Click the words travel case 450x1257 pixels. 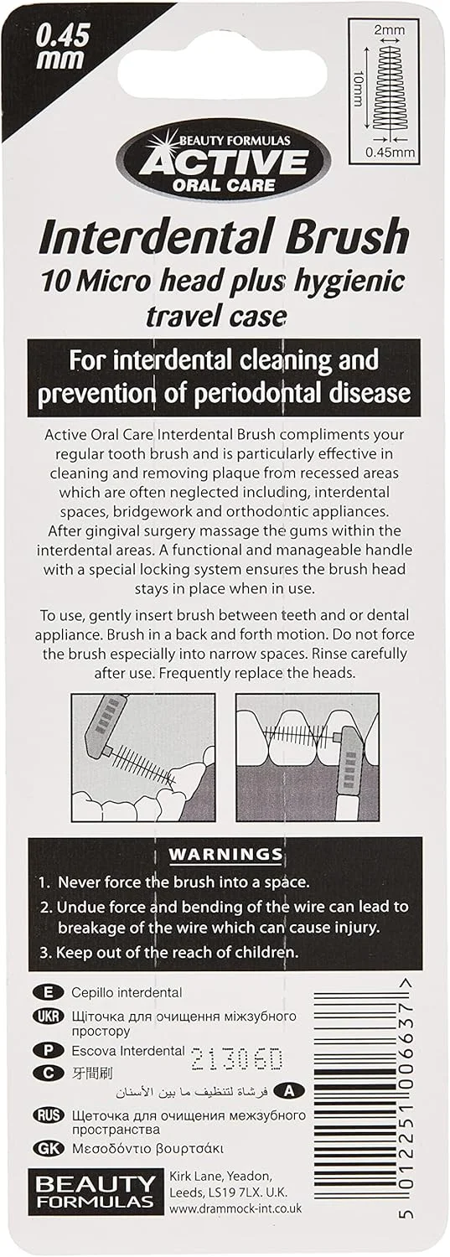[x=216, y=318]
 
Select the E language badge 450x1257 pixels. [x=49, y=993]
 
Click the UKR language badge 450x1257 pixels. [x=49, y=1017]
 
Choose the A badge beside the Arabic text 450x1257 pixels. [x=288, y=1091]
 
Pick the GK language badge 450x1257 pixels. [x=49, y=1148]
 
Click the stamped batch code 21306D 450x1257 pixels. [x=237, y=1059]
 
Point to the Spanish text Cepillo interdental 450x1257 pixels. [x=127, y=993]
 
